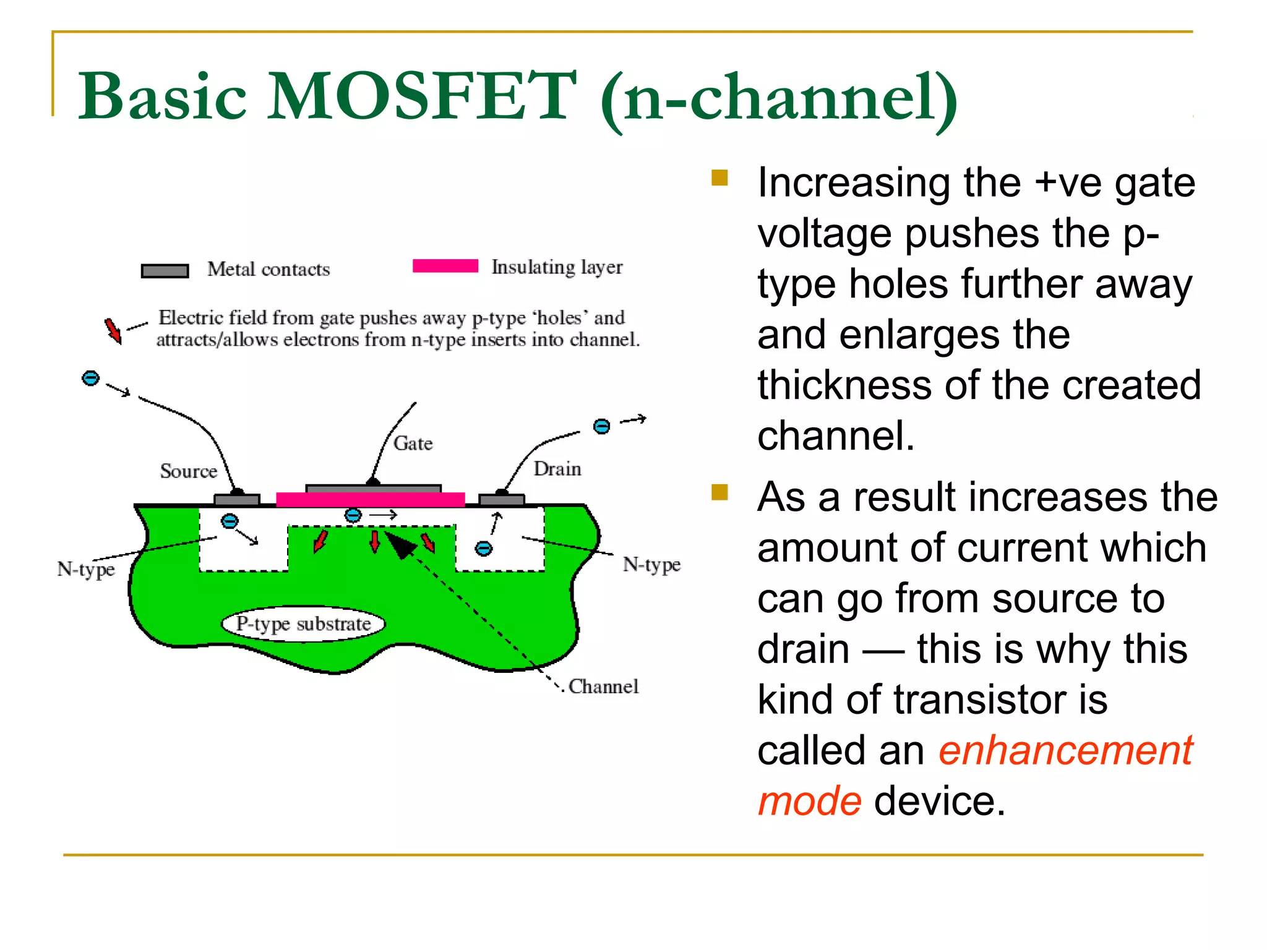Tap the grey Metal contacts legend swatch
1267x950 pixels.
click(x=165, y=271)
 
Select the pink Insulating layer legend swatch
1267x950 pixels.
click(x=445, y=266)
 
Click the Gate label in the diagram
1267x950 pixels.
click(x=413, y=443)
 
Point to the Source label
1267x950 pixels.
click(x=189, y=471)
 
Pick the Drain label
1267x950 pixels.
click(x=557, y=469)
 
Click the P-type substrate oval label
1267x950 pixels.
click(x=303, y=623)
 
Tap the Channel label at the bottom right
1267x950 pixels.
click(x=603, y=687)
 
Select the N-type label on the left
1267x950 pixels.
click(x=86, y=569)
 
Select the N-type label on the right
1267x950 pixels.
click(x=651, y=564)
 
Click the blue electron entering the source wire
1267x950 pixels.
click(x=90, y=378)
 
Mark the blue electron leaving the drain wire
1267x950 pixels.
click(x=601, y=426)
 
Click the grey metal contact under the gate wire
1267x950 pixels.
click(x=373, y=489)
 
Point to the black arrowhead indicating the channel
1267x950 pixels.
click(x=401, y=545)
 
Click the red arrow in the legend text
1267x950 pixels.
click(x=113, y=330)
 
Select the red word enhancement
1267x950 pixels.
click(x=1065, y=751)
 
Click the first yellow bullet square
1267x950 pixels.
click(x=719, y=178)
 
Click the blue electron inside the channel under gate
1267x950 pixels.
click(x=353, y=515)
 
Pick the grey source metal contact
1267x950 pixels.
click(x=236, y=499)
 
